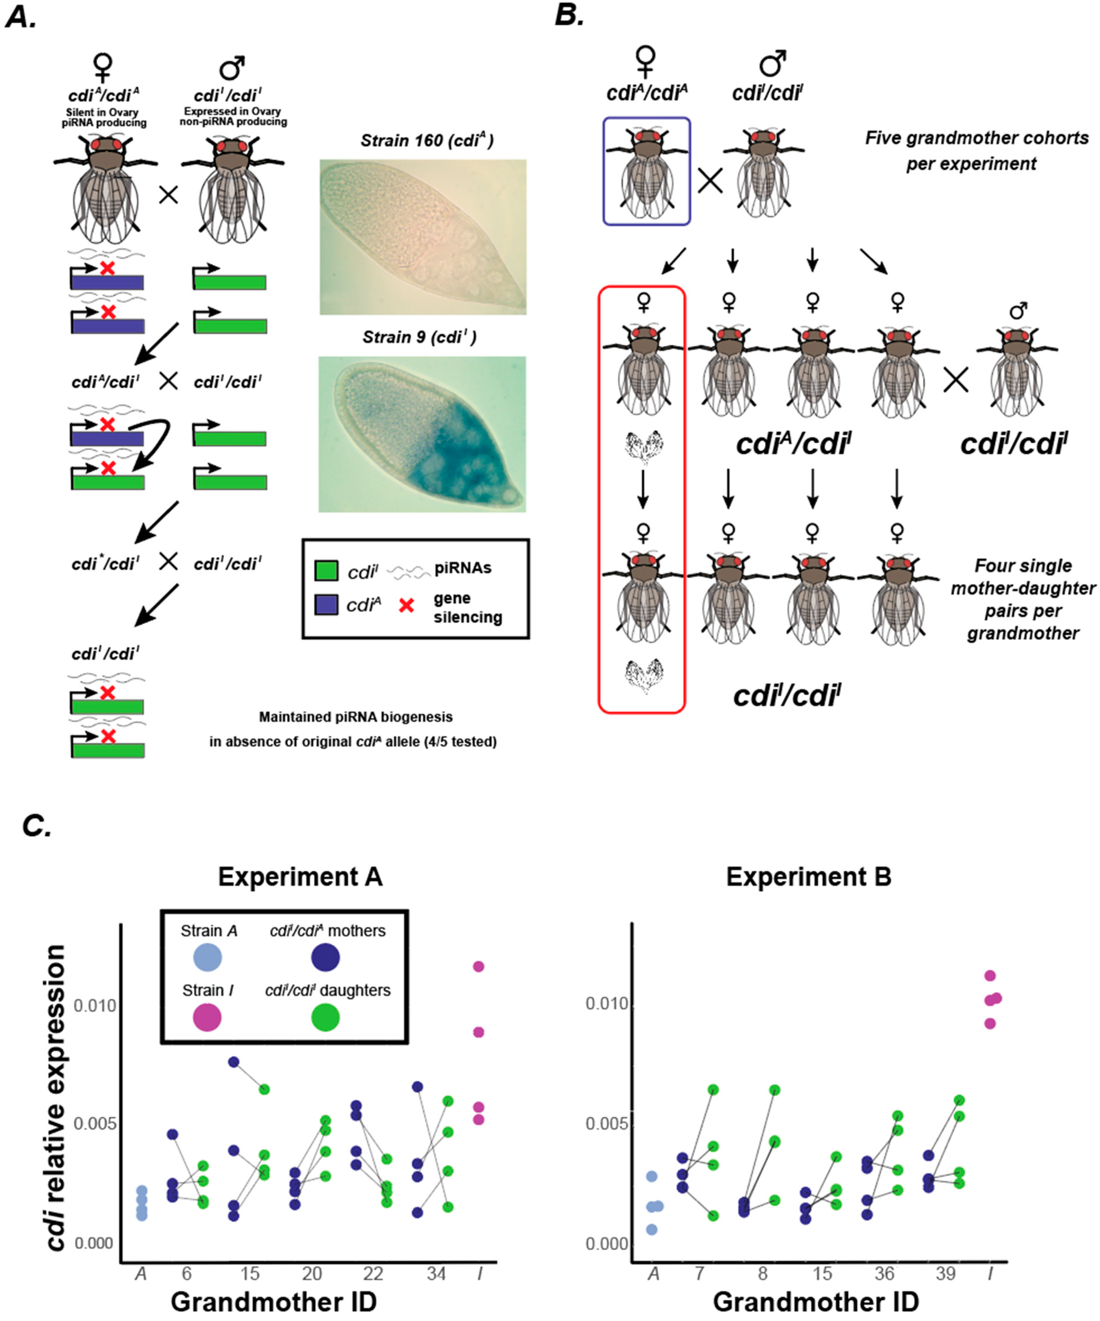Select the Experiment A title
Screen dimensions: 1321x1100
pos(300,876)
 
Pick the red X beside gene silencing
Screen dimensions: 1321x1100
pos(407,605)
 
